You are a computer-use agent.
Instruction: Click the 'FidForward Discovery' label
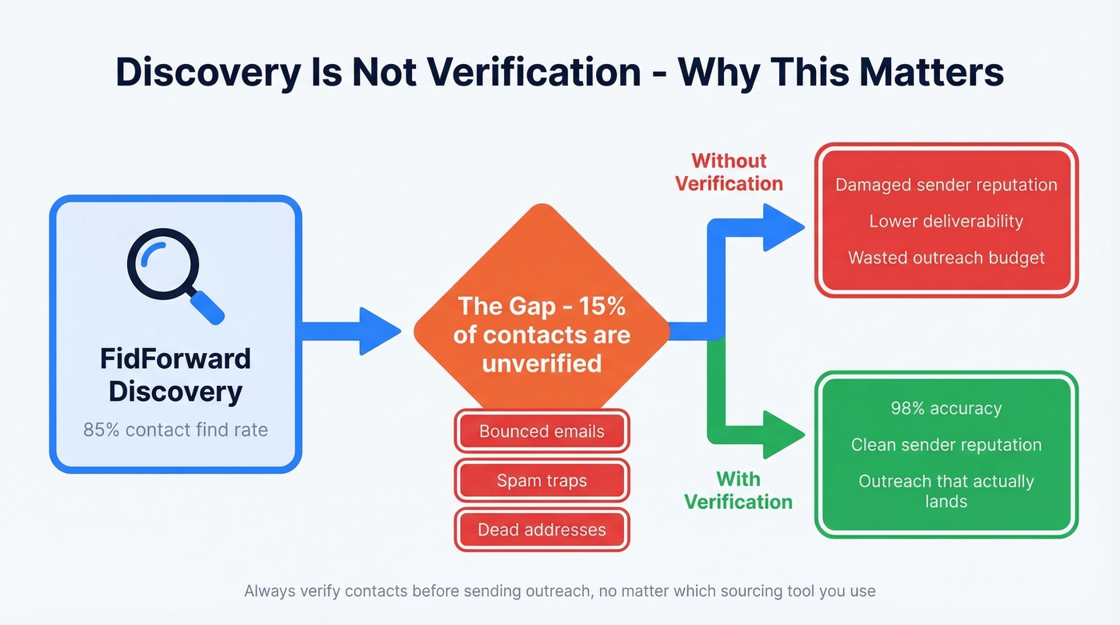(x=175, y=375)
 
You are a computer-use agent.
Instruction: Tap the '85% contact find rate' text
(x=175, y=430)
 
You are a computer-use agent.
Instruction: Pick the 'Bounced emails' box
(x=542, y=431)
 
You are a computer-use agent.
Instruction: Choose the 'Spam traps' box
(x=542, y=480)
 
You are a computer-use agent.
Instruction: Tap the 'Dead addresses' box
(x=542, y=529)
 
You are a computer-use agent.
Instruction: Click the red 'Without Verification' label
(x=729, y=172)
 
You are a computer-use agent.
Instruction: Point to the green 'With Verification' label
(x=738, y=490)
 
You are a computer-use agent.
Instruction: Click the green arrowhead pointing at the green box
(x=782, y=435)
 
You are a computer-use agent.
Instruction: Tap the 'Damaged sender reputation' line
(x=946, y=185)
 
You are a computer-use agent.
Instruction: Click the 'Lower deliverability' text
(x=946, y=221)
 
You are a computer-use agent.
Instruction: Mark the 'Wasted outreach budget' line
(x=946, y=258)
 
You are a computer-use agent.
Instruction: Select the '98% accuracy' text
(x=946, y=408)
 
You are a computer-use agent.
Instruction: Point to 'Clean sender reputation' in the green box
(x=946, y=445)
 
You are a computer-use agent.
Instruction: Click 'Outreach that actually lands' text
(x=946, y=491)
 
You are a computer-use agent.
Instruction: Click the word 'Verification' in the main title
(x=532, y=73)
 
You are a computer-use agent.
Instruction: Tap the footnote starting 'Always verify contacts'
(x=559, y=591)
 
